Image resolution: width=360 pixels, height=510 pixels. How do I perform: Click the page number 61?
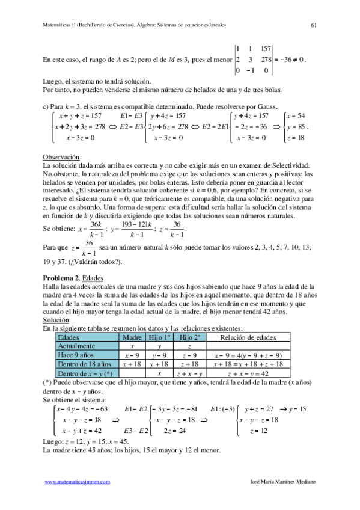314,25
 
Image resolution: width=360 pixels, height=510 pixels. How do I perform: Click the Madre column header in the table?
132,338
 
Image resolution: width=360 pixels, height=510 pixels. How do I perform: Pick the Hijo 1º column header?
159,338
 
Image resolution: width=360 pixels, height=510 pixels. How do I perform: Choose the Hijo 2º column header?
189,338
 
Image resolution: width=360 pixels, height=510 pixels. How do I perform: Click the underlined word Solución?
56,321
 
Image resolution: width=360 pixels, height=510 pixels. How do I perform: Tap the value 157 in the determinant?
267,48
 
